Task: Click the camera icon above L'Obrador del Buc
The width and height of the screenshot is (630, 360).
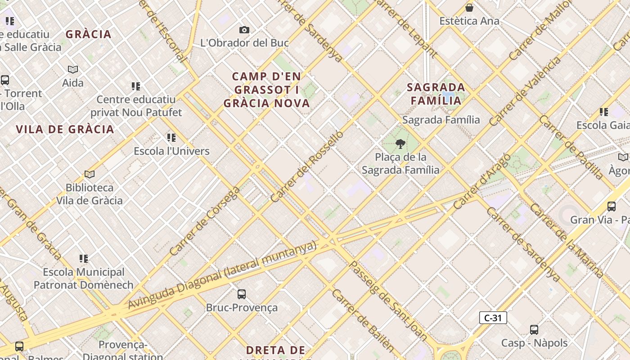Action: [244, 30]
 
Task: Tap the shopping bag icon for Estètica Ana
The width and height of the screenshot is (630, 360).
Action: [469, 8]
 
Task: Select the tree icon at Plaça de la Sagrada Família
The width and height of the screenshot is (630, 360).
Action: [400, 144]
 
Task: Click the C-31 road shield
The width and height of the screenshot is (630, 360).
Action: [493, 318]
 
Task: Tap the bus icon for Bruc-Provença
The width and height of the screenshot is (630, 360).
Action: [242, 294]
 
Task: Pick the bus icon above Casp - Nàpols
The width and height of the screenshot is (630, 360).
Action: [534, 330]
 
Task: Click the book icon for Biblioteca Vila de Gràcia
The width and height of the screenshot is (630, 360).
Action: [90, 174]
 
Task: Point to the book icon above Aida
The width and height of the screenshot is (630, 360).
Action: [73, 69]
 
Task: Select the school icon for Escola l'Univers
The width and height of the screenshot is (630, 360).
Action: [171, 138]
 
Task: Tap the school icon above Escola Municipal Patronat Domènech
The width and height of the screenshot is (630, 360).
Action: [84, 259]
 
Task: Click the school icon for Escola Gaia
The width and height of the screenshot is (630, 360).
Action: [603, 112]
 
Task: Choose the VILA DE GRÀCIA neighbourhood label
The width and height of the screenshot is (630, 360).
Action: [65, 130]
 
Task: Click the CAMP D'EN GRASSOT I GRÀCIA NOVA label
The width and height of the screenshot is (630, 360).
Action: [267, 90]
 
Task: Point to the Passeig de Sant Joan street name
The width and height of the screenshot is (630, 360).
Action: [389, 300]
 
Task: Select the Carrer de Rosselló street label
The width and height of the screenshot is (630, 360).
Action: [307, 166]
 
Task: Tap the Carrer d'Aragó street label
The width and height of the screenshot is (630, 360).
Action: [482, 181]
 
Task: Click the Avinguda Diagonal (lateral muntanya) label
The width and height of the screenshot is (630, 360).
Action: [222, 276]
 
